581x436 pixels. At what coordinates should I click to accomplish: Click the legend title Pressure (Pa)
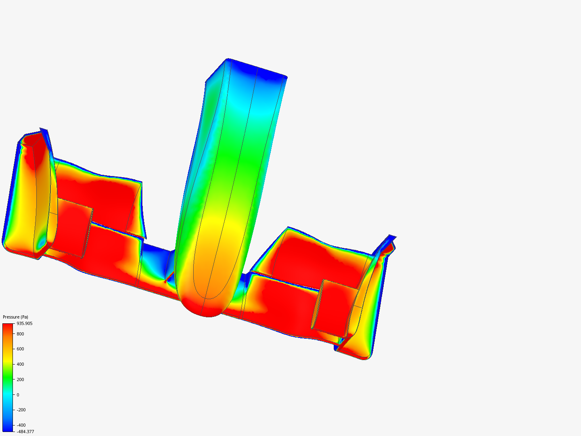(x=15, y=317)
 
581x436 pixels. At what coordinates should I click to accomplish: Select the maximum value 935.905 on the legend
(x=24, y=323)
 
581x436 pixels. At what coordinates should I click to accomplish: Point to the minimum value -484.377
(x=25, y=432)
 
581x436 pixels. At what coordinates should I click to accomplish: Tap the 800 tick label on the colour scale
(x=20, y=334)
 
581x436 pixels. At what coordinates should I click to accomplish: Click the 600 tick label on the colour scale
(x=20, y=349)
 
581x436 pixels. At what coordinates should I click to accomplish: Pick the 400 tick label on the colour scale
(x=20, y=364)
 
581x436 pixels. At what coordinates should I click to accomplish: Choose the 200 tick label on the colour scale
(x=20, y=379)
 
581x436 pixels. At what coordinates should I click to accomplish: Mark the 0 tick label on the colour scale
(x=18, y=395)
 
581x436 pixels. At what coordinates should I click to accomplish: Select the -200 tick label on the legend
(x=21, y=410)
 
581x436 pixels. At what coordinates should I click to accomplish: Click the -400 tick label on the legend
(x=21, y=425)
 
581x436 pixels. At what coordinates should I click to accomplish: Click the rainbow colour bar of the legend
(x=8, y=377)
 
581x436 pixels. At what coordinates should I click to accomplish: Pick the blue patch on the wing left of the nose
(x=155, y=258)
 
